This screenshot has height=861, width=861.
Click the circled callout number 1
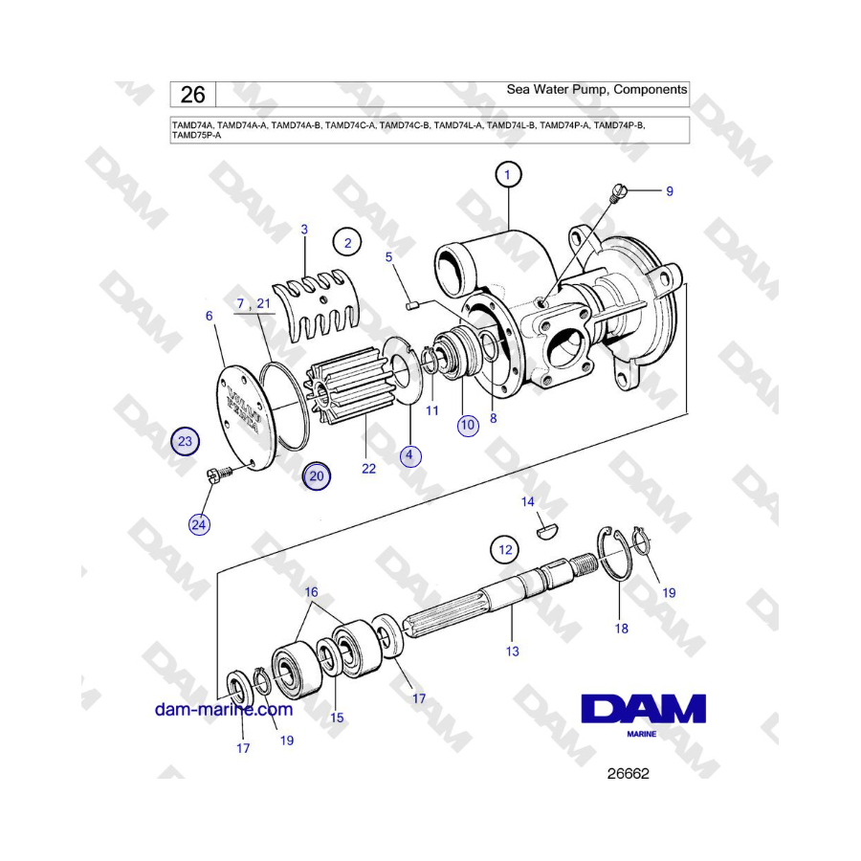pyautogui.click(x=507, y=175)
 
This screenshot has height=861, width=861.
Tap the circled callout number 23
pyautogui.click(x=185, y=441)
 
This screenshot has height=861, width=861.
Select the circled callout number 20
pyautogui.click(x=317, y=476)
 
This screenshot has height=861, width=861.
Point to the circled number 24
pyautogui.click(x=199, y=524)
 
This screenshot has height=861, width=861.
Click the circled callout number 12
pyautogui.click(x=505, y=550)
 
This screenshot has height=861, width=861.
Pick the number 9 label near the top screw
pyautogui.click(x=670, y=191)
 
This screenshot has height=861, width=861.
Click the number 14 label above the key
pyautogui.click(x=528, y=501)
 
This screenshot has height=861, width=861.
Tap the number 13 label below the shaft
pyautogui.click(x=513, y=651)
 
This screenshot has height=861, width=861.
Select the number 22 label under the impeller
pyautogui.click(x=368, y=469)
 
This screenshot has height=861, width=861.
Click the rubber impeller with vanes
pyautogui.click(x=349, y=386)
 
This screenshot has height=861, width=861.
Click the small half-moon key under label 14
pyautogui.click(x=547, y=532)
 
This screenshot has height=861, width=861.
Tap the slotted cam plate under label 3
pyautogui.click(x=317, y=307)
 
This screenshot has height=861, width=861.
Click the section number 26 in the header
pyautogui.click(x=192, y=95)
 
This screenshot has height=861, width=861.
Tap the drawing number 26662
pyautogui.click(x=629, y=774)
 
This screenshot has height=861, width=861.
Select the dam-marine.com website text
pyautogui.click(x=224, y=710)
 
